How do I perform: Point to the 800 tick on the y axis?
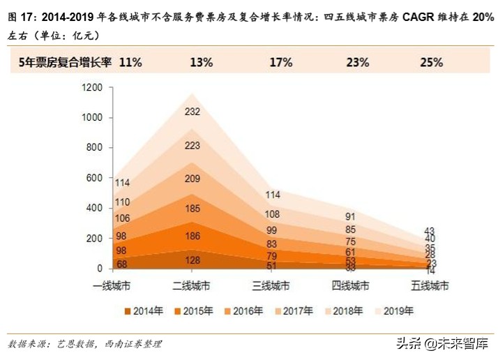pos(95,148)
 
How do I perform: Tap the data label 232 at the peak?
pos(193,111)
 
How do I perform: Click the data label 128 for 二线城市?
pos(193,260)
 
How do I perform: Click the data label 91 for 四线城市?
pos(350,216)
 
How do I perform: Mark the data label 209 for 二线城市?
pos(193,178)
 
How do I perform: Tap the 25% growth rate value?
pos(431,62)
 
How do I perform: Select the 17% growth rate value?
pos(281,62)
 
